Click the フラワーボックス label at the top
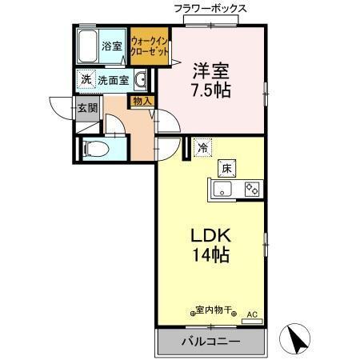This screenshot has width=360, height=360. [210, 9]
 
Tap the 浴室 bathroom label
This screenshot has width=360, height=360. [112, 46]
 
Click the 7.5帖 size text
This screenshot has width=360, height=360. [211, 89]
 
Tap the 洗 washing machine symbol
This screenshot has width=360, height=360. [85, 80]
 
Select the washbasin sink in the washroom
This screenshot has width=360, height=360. [141, 79]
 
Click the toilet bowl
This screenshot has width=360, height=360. [92, 148]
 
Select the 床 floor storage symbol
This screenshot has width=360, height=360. [226, 168]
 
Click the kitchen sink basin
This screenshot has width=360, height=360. [223, 190]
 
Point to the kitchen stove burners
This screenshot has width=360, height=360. [251, 190]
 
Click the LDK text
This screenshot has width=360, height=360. [210, 237]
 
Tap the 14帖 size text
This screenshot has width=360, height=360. [210, 257]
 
